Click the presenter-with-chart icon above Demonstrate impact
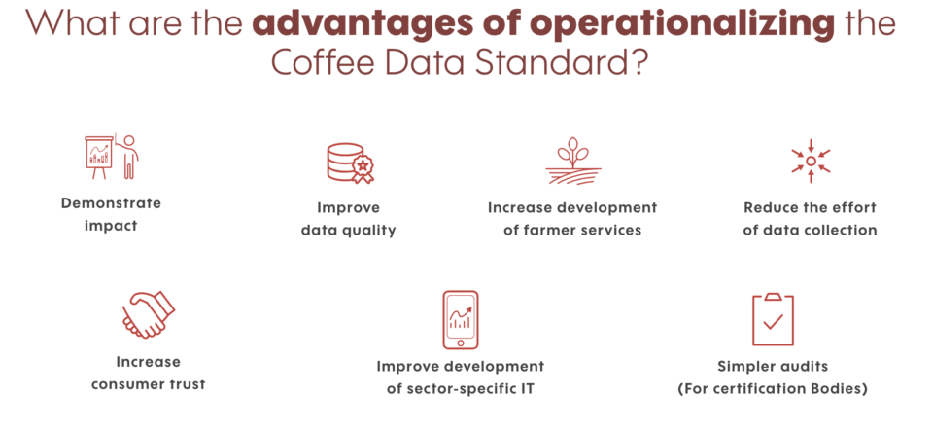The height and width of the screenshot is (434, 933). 111,157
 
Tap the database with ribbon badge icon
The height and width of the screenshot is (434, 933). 350,163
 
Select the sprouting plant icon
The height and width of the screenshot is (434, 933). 573,161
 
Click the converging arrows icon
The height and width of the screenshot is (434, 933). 811,161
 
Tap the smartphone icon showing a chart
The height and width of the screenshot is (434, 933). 460,319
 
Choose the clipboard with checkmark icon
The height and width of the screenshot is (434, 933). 773,319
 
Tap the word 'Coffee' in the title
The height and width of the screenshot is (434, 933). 323,62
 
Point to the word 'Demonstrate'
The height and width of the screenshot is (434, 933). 111,203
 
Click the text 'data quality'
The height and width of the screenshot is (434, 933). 349,230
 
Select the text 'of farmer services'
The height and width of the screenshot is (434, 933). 572,230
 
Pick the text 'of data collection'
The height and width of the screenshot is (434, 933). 810,230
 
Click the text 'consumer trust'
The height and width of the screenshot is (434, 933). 148,384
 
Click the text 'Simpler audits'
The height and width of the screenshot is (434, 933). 773,366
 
